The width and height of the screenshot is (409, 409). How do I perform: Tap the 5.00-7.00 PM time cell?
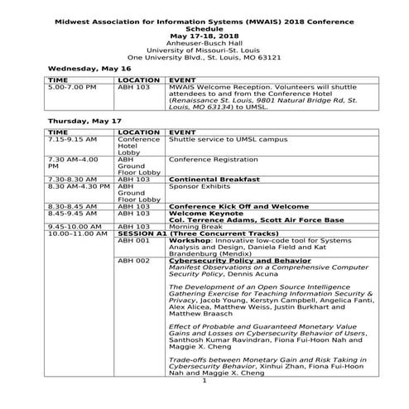pos(72,86)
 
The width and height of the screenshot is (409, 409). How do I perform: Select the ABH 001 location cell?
pos(133,241)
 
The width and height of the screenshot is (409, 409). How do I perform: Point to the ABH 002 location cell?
pos(133,261)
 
